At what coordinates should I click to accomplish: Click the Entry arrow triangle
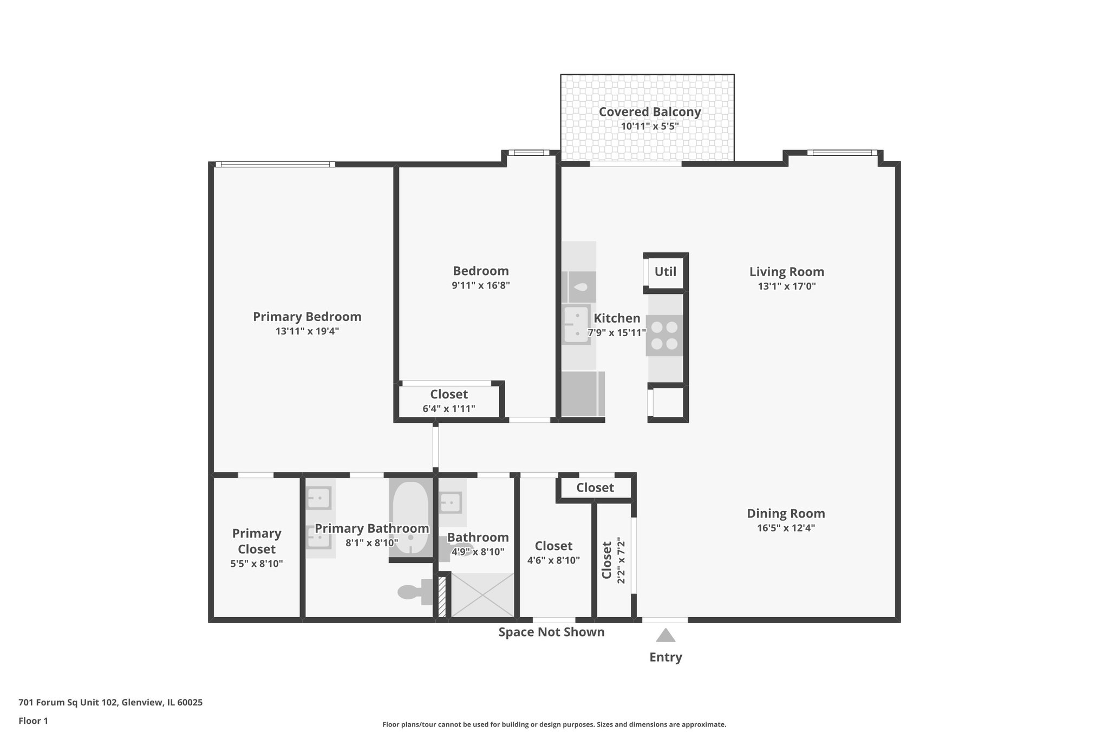pos(666,636)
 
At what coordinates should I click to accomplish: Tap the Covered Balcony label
pos(650,112)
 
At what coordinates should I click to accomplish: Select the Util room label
pos(665,272)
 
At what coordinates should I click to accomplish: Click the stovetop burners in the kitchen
pos(664,335)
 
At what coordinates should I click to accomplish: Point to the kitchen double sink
pos(576,324)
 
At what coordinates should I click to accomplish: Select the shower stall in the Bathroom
pos(482,594)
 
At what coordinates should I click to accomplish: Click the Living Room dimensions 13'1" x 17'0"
pos(786,286)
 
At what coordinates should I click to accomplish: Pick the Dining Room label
pos(786,513)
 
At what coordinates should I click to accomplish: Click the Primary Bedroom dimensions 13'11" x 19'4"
pos(307,331)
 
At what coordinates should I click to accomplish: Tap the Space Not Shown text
pos(551,632)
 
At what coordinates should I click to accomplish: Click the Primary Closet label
pos(257,541)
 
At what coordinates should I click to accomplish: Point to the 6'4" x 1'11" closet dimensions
pos(449,409)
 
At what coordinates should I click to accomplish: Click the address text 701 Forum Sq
pos(110,702)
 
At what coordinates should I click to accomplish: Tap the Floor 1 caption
pos(33,721)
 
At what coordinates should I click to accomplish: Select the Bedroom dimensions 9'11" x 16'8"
pos(481,285)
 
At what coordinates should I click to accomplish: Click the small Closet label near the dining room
pos(595,488)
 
